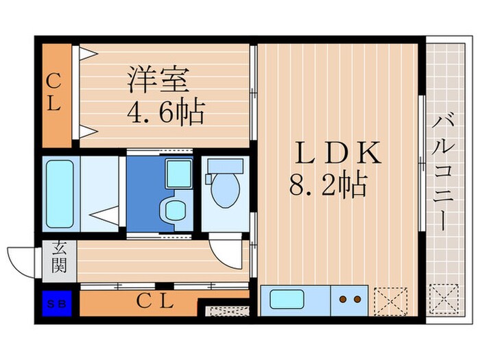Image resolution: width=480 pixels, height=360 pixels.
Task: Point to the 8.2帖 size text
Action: [327, 185]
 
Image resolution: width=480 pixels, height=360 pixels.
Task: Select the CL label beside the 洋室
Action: [55, 94]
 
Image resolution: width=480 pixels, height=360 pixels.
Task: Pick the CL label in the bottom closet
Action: [154, 300]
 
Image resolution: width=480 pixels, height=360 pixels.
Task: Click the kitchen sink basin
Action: [286, 300]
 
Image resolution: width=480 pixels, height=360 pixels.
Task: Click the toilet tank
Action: [226, 166]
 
